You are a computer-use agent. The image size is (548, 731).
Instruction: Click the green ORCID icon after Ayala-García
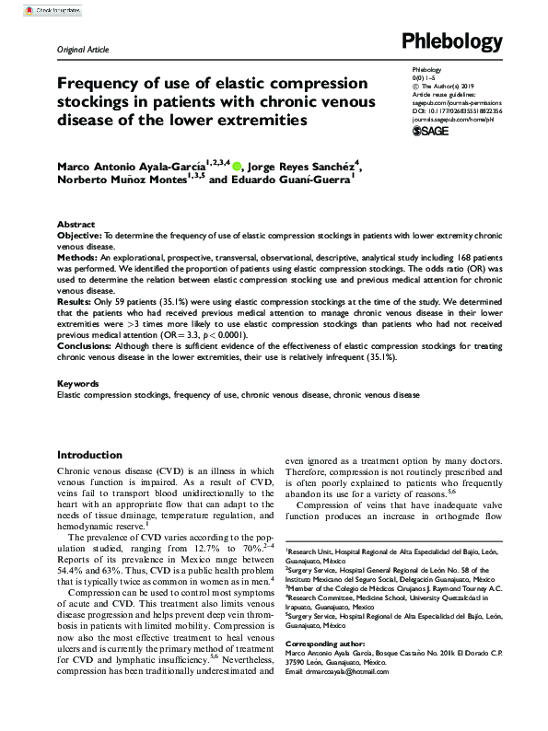pos(238,167)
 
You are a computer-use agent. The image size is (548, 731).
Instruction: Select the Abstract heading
pos(76,225)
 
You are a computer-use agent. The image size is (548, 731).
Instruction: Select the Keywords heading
pos(78,383)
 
